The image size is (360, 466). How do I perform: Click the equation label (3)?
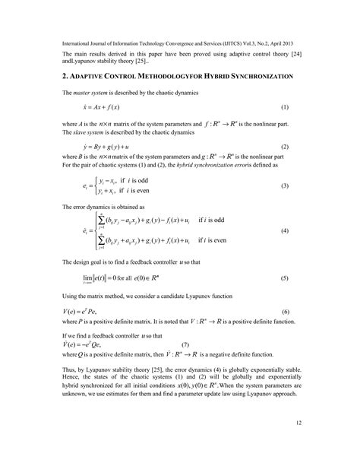(x=284, y=185)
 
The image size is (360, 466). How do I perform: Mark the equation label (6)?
(x=284, y=312)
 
